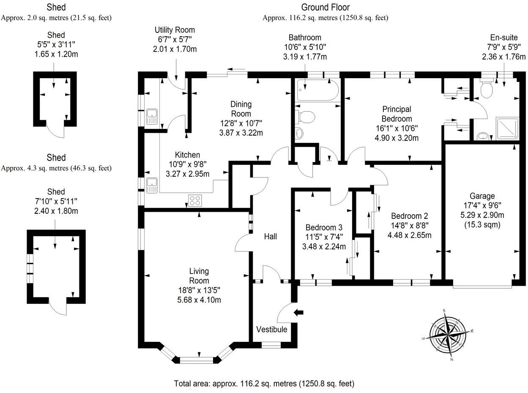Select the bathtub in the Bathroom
coord(317,90)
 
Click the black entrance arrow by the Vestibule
coord(299,312)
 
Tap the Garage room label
coord(482,196)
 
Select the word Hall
coord(270,237)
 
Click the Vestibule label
coord(271,330)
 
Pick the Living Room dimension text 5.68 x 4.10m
coord(199,300)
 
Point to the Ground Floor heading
coord(325,7)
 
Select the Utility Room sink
coord(152,117)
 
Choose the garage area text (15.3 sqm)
coord(482,224)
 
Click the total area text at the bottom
coord(264,384)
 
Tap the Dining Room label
coord(241,109)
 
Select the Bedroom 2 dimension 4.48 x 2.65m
coord(409,235)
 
